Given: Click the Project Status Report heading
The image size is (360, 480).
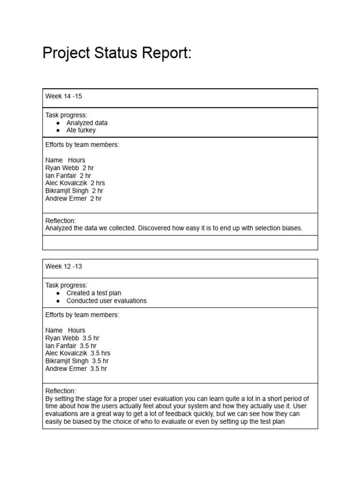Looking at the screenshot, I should coord(117,53).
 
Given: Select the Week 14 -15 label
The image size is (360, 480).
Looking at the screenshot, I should coord(64,96).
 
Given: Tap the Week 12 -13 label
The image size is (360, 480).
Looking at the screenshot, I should coord(64,266).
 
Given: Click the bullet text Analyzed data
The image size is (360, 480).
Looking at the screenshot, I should coord(87,123).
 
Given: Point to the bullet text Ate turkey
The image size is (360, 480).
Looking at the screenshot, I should coord(81,130).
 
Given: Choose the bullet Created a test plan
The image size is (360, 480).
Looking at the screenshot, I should coord(93,293).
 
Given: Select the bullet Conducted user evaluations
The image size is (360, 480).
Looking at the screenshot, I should coord(106,301).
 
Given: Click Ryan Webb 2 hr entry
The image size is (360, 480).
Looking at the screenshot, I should coord(70,168).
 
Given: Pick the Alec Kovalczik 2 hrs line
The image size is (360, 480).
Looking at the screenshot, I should coord(75,183).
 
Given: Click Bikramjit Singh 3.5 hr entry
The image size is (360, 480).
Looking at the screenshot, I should coord(77,361).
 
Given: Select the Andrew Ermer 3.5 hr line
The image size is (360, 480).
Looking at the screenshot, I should coord(76,368).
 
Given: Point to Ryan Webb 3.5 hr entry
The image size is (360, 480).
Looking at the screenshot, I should coord(72,338).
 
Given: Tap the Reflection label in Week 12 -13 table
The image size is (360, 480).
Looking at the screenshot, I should coord(60,391).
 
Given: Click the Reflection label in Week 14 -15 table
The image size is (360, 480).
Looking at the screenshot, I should coord(60,221).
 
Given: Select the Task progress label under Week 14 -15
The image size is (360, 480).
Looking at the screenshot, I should coord(66,115).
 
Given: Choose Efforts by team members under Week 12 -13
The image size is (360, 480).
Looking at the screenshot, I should coord(82,315).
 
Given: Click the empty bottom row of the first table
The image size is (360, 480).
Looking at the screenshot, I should coord(180,242).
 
